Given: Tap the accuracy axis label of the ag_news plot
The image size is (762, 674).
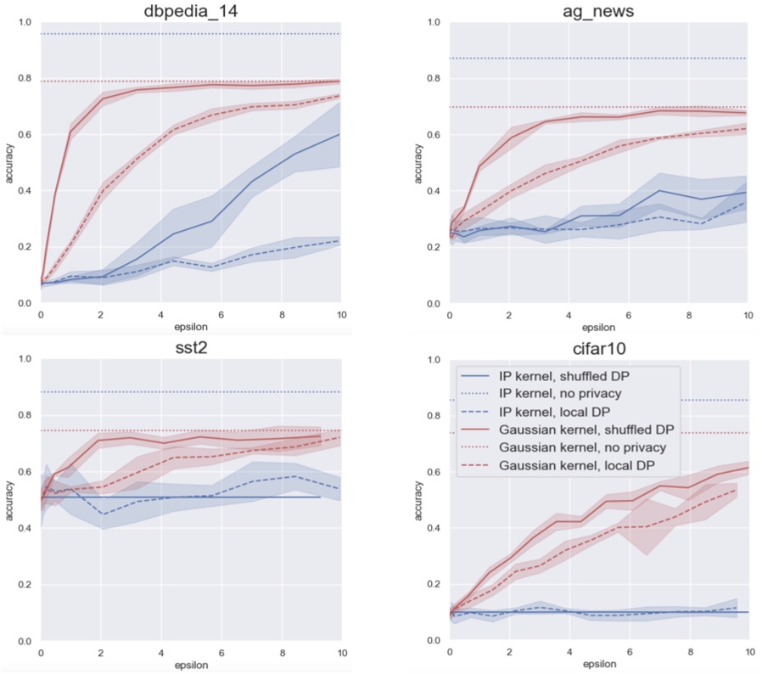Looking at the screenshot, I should [x=417, y=162].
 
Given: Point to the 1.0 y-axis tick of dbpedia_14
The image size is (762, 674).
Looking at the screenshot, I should [x=23, y=22].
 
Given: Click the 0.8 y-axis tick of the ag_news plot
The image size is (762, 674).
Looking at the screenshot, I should [x=432, y=78].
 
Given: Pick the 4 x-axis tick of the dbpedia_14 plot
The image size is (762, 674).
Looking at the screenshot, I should [x=160, y=314].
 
